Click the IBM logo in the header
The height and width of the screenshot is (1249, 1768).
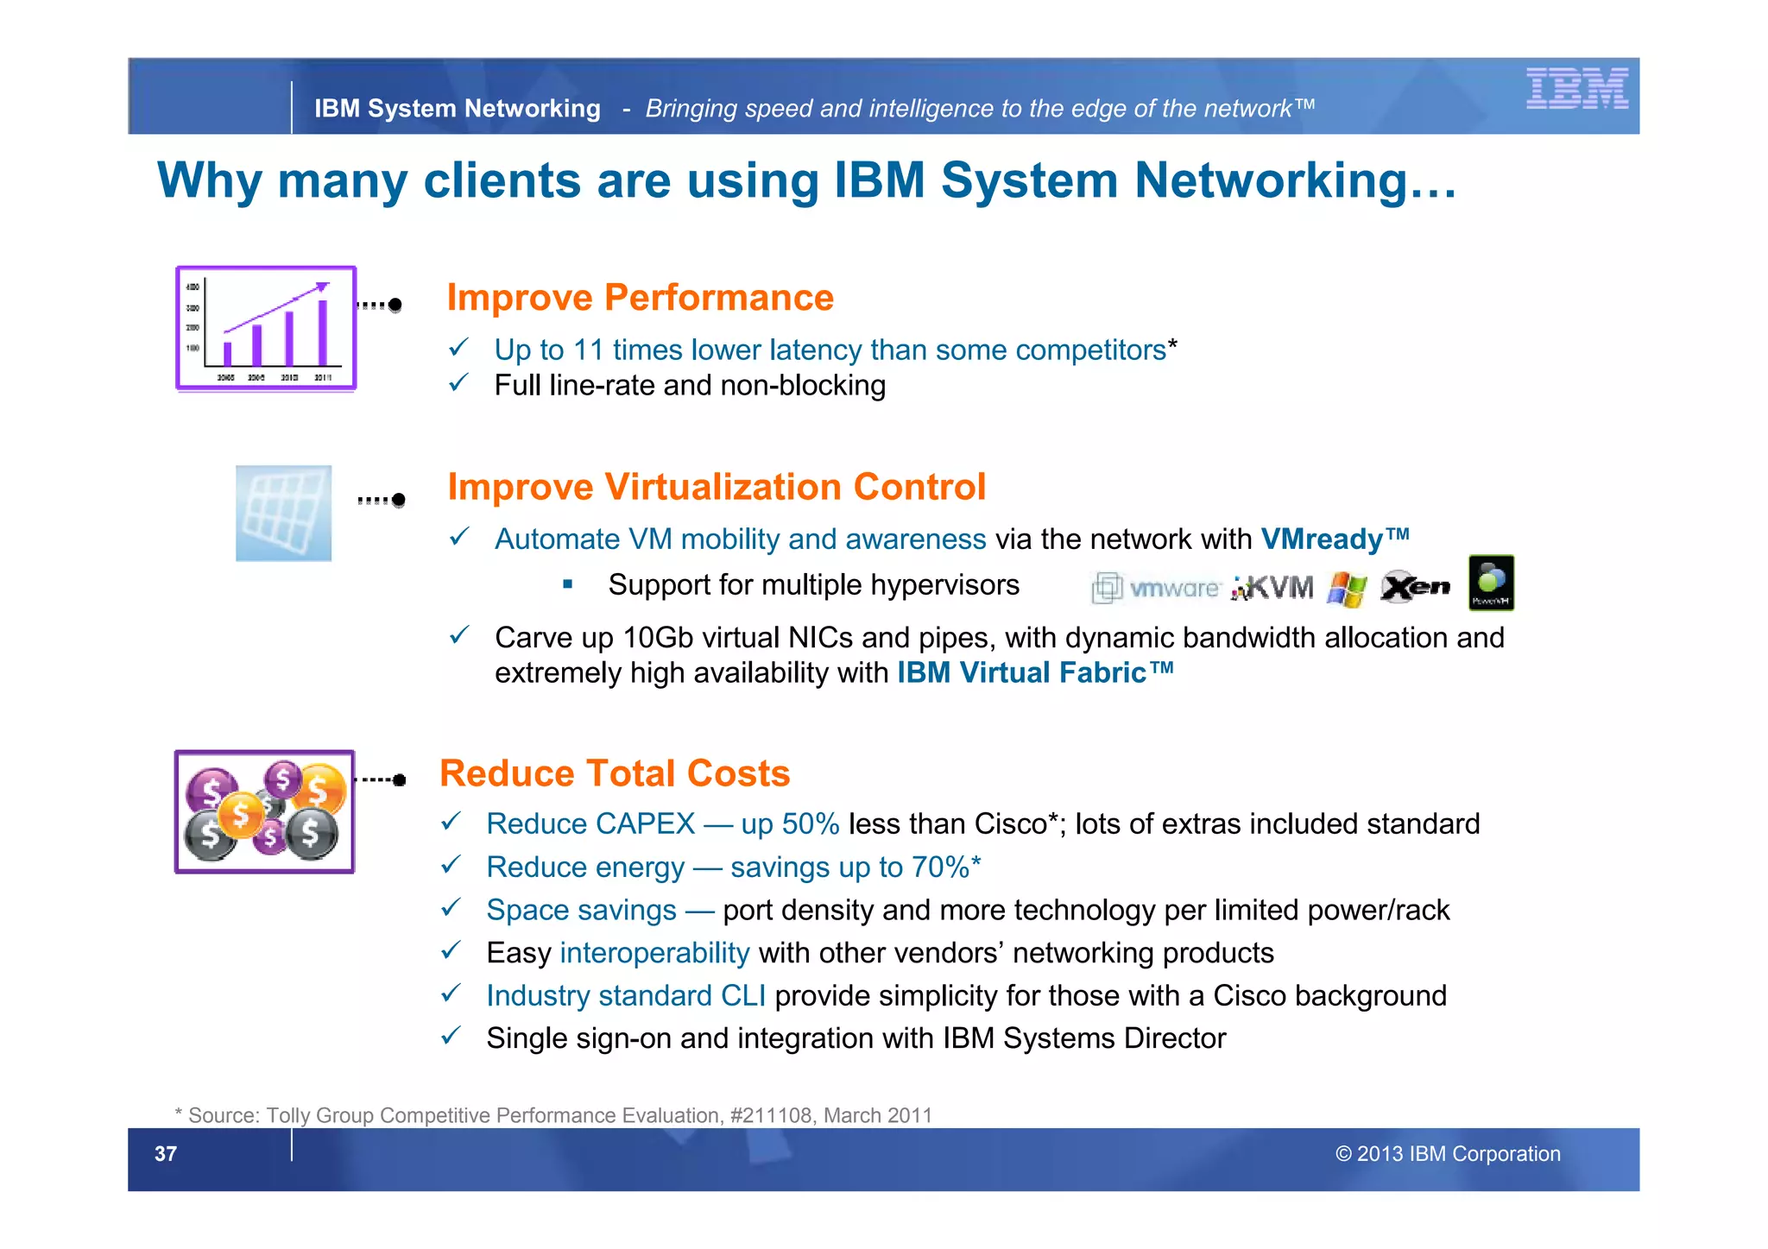coord(1576,88)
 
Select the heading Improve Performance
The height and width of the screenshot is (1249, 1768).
coord(640,298)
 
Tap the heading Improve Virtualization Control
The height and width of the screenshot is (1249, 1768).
coord(716,487)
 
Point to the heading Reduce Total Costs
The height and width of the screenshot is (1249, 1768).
coord(615,773)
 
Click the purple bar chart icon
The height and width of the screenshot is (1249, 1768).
coord(266,329)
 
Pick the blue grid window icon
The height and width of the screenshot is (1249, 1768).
coord(283,514)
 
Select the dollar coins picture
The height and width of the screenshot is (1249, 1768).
coord(264,812)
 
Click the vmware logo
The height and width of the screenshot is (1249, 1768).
coord(1157,589)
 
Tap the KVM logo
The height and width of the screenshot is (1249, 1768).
coord(1272,589)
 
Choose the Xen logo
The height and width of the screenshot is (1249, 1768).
coord(1415,587)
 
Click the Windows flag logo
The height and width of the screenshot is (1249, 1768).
coord(1348,590)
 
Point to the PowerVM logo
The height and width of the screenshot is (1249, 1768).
coord(1491,583)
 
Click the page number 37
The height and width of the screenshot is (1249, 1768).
coord(166,1154)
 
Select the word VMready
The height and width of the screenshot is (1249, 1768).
coord(1322,539)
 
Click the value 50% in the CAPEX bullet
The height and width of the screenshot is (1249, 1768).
coord(811,824)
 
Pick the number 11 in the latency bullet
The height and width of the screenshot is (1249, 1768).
coord(588,350)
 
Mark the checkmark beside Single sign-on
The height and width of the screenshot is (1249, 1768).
coord(451,1036)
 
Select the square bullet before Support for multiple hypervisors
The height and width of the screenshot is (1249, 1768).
coord(567,584)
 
